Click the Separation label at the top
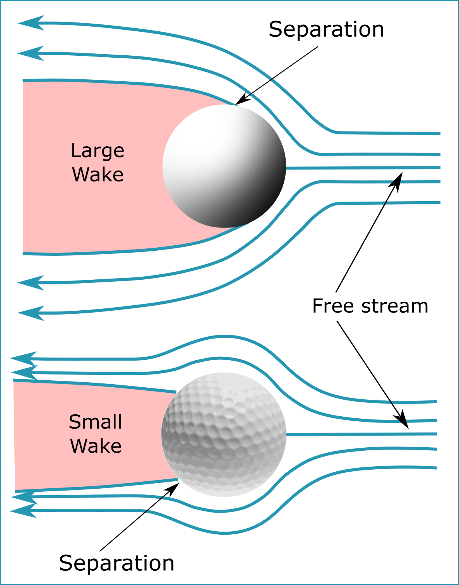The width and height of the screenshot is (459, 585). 326,30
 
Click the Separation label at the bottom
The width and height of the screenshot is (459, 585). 116,563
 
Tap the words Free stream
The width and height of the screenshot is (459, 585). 370,306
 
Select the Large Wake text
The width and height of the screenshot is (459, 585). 98,162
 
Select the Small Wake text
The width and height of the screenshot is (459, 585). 96,434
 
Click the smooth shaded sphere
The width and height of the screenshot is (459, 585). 224,166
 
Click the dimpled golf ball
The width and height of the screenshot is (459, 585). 224,434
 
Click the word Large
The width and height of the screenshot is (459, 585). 98,151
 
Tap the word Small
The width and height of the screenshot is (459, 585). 96,422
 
